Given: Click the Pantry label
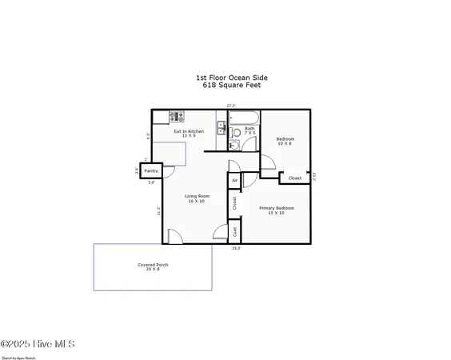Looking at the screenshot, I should tap(151, 171).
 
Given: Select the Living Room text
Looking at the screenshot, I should tap(197, 198).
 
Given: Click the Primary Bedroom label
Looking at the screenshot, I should tap(277, 210).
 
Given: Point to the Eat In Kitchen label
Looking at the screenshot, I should tap(189, 133).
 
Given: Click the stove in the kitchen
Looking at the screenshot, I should tap(177, 115).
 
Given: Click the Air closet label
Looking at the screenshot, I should tap(234, 181).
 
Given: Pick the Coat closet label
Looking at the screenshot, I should tap(234, 231).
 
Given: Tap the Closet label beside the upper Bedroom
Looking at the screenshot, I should tap(295, 178).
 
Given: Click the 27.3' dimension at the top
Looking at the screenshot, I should tap(231, 105).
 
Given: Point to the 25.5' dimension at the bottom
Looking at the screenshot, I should tap(236, 249).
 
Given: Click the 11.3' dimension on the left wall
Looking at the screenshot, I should tap(159, 212).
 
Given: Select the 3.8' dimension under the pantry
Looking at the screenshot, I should tap(151, 182).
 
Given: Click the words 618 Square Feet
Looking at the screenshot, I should tap(232, 84).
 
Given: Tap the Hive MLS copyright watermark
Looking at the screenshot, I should tap(38, 344).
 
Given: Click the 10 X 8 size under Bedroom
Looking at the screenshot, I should tap(285, 144).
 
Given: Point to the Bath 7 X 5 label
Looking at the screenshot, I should tap(250, 130).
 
